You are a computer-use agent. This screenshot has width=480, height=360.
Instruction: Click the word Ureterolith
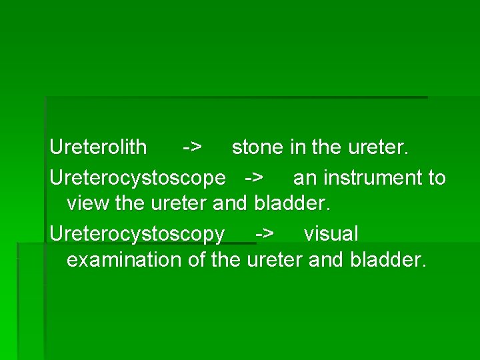pos(98,147)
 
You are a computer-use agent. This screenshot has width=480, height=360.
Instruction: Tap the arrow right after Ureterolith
pos(193,147)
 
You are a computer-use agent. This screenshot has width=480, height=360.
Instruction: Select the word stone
pos(258,147)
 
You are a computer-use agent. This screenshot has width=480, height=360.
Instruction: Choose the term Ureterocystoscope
pos(137,179)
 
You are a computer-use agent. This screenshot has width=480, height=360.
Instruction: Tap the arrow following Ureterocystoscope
pos(253,179)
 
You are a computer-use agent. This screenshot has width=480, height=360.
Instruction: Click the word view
pos(89,203)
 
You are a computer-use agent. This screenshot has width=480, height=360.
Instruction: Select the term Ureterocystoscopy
pos(137,235)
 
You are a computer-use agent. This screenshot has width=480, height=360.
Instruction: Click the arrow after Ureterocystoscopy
pos(264,235)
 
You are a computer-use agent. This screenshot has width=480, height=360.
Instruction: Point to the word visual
pos(331,235)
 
